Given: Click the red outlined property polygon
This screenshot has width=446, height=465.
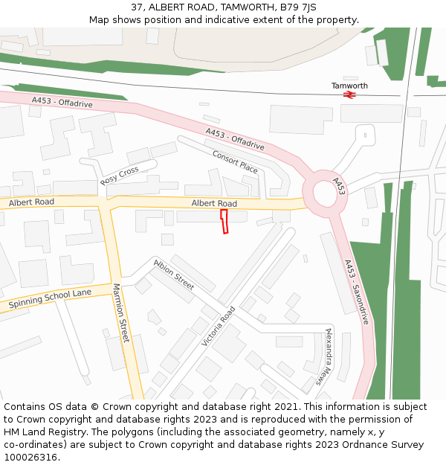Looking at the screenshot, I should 224,222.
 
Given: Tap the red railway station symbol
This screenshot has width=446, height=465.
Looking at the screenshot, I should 349,94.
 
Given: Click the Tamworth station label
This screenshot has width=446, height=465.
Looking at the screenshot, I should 349,86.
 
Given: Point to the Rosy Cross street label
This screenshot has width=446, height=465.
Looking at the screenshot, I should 120,176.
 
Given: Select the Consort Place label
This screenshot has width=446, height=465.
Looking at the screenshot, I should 235,162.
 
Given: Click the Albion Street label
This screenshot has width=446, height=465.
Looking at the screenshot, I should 173,275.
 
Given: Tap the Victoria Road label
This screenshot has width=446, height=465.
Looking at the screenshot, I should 218,326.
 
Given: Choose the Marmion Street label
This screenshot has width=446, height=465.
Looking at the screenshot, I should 121,312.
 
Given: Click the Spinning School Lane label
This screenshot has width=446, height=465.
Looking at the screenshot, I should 50,299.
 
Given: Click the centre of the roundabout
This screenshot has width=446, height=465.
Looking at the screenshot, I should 326,194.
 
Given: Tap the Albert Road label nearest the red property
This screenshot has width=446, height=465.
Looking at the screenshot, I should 214,203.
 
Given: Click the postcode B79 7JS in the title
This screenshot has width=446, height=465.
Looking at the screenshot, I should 300,7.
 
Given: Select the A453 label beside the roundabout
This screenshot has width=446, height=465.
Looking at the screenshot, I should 339,186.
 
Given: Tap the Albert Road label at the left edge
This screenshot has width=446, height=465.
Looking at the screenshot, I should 31,202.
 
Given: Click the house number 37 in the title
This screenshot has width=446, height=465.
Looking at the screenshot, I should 137,7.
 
